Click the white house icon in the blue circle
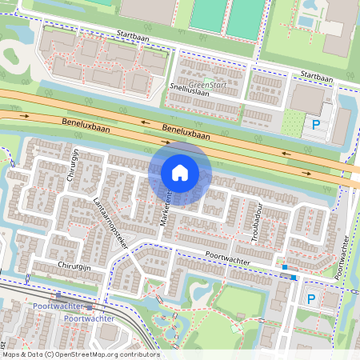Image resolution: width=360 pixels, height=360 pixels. click(180, 173)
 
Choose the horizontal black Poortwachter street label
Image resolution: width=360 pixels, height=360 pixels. click(228, 259)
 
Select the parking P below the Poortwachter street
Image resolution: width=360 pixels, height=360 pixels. click(311, 298)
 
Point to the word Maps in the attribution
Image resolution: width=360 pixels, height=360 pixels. click(11, 354)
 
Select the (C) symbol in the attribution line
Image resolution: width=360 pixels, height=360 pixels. click(50, 354)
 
